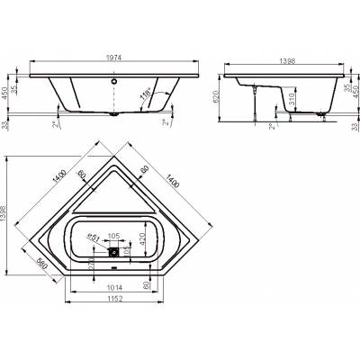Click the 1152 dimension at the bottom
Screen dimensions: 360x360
pos(112,299)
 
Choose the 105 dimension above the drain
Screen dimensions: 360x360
pos(112,237)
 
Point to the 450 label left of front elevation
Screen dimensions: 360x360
pos(6,89)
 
